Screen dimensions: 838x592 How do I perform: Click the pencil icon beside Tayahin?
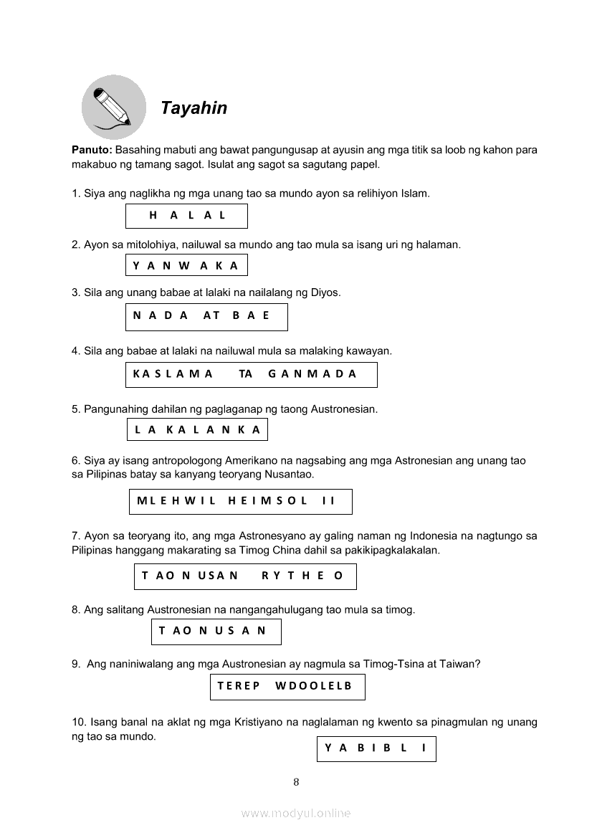coord(113,107)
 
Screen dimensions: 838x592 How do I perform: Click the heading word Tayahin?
coord(194,108)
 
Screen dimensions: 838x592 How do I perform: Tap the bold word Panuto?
coord(91,151)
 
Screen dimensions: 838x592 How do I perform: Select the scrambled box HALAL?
coord(186,216)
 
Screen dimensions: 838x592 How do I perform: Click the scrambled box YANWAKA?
coord(186,266)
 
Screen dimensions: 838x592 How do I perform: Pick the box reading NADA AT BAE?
coord(206,317)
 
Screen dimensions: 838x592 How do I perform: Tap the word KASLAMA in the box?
coord(173,374)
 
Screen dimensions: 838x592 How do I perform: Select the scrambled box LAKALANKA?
coord(197,430)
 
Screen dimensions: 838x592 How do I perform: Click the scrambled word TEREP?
coord(239,686)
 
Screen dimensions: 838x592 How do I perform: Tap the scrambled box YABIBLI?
coord(376,748)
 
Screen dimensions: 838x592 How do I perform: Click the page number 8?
coord(296,782)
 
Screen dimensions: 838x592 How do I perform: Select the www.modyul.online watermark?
coord(296,814)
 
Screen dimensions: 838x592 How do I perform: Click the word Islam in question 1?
coord(416,194)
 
